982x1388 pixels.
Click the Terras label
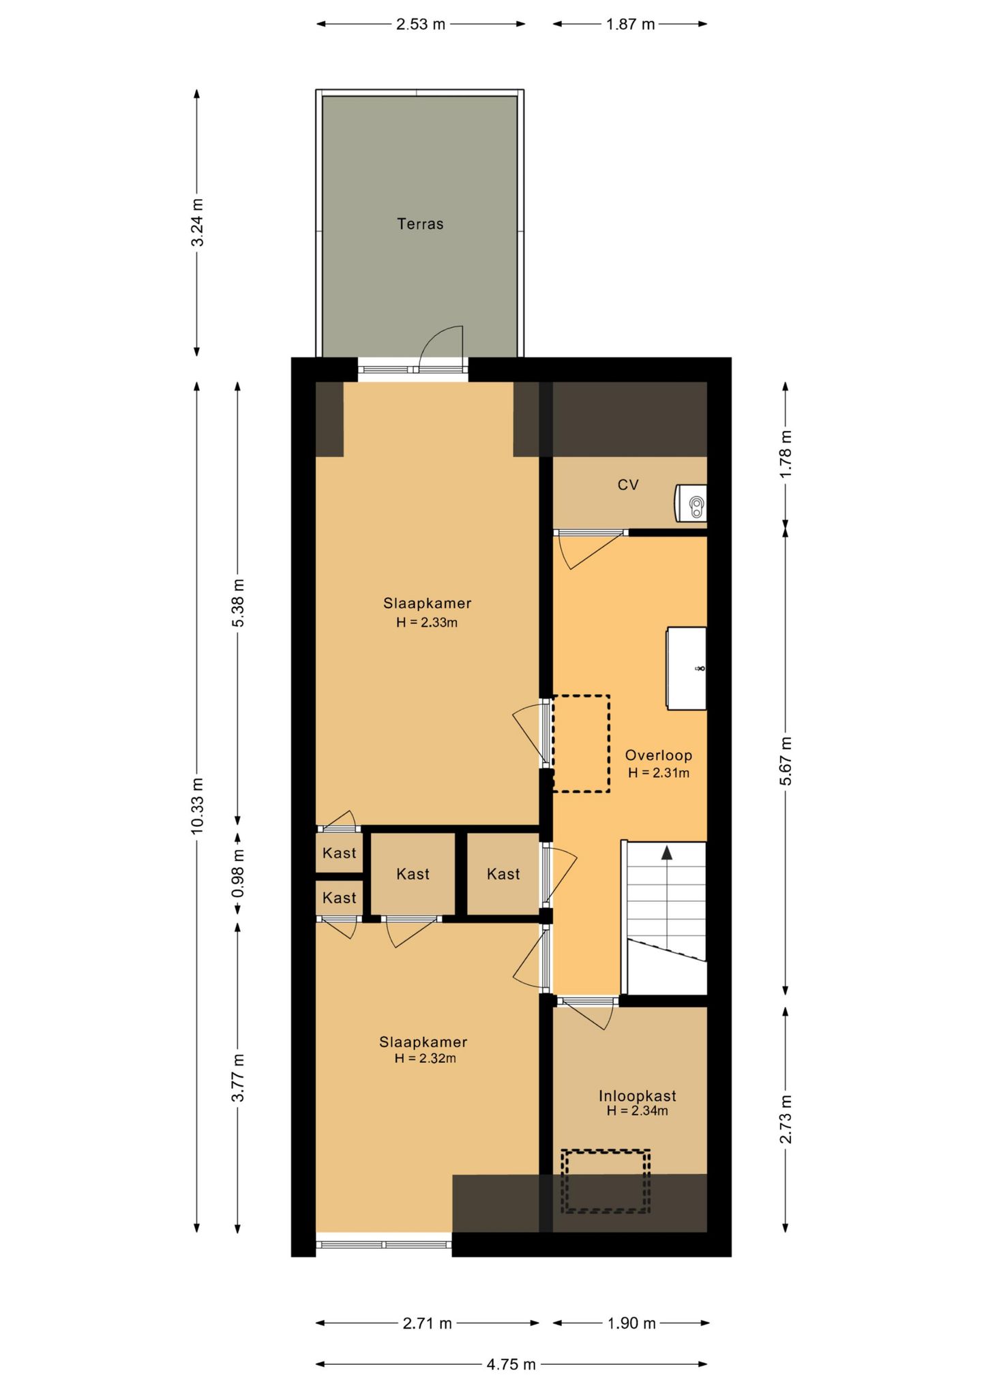(x=420, y=224)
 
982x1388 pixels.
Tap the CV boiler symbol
(x=691, y=503)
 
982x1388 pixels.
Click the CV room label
(x=628, y=485)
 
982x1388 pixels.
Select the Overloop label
(x=659, y=755)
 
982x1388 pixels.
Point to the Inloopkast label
(x=638, y=1096)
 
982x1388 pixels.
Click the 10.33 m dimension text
(x=197, y=805)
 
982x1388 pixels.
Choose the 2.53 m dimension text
(x=421, y=25)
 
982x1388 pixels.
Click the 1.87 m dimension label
(x=630, y=25)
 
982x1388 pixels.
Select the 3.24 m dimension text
(x=197, y=222)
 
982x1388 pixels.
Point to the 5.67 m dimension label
(x=786, y=761)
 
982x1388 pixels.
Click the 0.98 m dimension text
(x=237, y=873)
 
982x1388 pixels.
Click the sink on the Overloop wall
(x=686, y=669)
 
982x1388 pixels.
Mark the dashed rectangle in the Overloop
(x=581, y=744)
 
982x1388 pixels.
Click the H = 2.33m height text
(x=427, y=622)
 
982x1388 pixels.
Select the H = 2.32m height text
(x=426, y=1059)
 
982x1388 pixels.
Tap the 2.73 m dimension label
(x=786, y=1119)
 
